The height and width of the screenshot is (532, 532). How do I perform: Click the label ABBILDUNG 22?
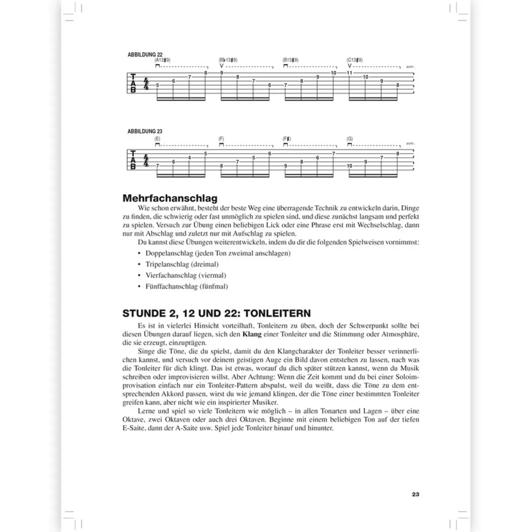pyautogui.click(x=145, y=55)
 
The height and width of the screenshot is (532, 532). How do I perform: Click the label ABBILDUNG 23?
pyautogui.click(x=145, y=131)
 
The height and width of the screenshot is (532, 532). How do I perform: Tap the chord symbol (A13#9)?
pyautogui.click(x=163, y=60)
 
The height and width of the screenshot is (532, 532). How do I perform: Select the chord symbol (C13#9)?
pyautogui.click(x=354, y=60)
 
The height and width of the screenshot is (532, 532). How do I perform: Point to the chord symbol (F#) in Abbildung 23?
pyautogui.click(x=287, y=139)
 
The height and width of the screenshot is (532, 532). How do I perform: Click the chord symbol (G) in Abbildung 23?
pyautogui.click(x=349, y=139)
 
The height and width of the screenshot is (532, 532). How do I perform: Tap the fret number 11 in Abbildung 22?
pyautogui.click(x=349, y=73)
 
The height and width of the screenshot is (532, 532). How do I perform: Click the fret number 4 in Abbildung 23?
pyautogui.click(x=190, y=158)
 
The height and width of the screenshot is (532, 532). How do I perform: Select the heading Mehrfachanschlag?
pyautogui.click(x=170, y=198)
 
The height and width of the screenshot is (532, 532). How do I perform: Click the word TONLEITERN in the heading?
pyautogui.click(x=277, y=313)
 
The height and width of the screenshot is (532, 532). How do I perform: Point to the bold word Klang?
pyautogui.click(x=252, y=334)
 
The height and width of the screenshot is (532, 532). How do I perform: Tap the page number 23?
pyautogui.click(x=415, y=494)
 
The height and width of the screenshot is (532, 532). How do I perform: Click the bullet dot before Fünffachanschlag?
pyautogui.click(x=140, y=286)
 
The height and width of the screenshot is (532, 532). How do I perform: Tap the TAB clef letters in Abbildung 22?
pyautogui.click(x=133, y=83)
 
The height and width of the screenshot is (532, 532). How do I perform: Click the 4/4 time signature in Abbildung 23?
pyautogui.click(x=146, y=160)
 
